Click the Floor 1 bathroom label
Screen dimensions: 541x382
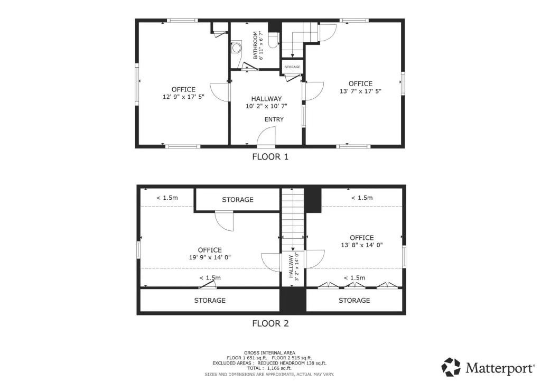click(255, 45)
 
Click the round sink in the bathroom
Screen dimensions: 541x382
click(236, 48)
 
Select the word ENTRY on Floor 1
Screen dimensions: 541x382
click(274, 119)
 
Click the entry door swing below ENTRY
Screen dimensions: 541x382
click(266, 136)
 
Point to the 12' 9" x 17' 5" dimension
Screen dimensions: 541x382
click(183, 97)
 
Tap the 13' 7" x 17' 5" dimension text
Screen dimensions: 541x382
click(360, 91)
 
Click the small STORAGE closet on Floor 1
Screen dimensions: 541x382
click(292, 67)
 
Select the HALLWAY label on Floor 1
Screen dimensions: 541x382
click(266, 99)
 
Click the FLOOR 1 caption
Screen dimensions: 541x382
click(270, 157)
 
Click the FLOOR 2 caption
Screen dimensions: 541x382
click(270, 323)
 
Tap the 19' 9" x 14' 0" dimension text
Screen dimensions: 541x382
click(210, 257)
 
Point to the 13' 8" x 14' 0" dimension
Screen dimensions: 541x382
click(361, 245)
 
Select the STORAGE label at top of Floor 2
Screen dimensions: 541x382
click(238, 200)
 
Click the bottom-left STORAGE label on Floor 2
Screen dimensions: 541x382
click(210, 301)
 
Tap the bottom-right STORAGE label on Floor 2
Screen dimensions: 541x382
click(355, 301)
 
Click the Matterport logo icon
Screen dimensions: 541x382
click(451, 367)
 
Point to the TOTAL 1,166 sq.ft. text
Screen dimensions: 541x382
click(269, 368)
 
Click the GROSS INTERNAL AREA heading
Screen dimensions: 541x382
click(269, 352)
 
